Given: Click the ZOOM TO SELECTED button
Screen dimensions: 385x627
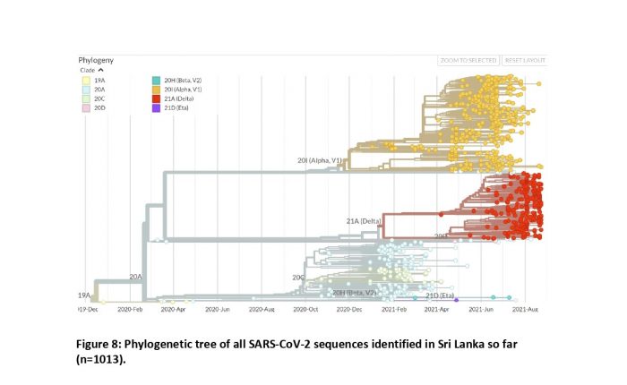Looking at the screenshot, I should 468,60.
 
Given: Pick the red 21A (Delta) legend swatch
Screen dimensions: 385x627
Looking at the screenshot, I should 157,98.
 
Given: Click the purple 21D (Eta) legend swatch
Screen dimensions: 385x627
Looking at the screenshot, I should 157,107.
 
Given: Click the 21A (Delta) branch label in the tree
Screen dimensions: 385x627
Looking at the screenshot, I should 365,219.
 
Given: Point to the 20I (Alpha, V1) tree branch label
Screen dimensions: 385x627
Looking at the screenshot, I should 320,160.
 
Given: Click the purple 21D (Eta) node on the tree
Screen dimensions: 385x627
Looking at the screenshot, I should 456,298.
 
